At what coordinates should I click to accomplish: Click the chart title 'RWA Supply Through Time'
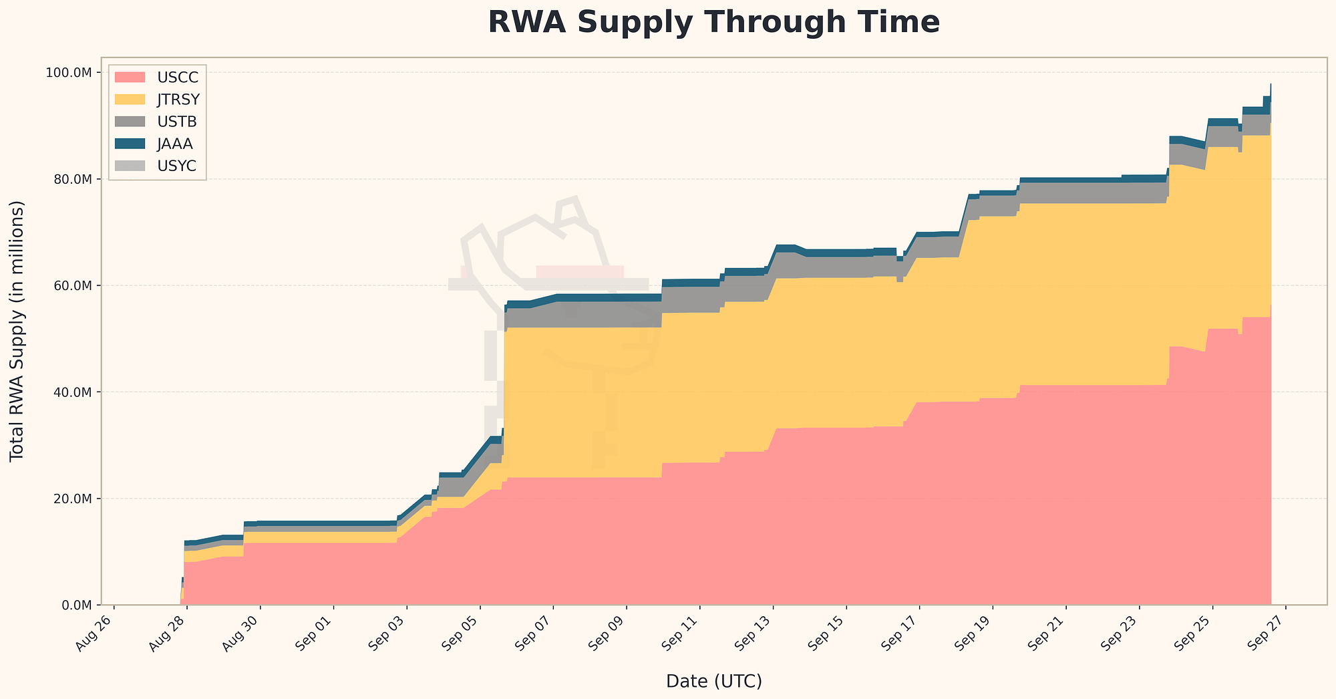click(x=713, y=23)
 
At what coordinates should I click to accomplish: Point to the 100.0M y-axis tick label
click(x=72, y=72)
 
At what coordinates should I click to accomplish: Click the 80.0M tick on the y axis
click(x=75, y=179)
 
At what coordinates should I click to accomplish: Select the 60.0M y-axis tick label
click(x=75, y=285)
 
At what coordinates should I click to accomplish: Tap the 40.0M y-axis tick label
click(x=75, y=392)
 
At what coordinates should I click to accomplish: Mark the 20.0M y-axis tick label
click(x=75, y=499)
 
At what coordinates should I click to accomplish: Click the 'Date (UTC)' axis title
click(x=713, y=681)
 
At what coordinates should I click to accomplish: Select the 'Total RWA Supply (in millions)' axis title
click(x=17, y=331)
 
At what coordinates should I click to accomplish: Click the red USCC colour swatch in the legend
click(x=129, y=77)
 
